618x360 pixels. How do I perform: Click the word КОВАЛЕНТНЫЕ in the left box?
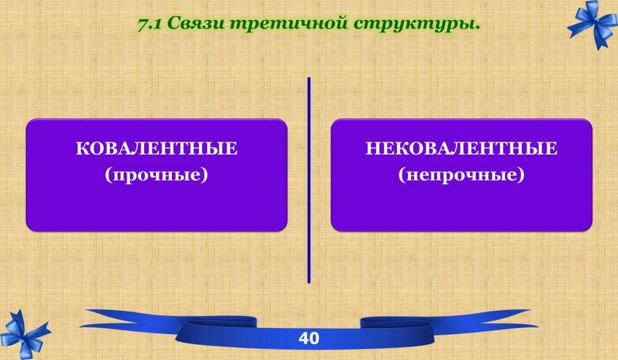click(x=157, y=148)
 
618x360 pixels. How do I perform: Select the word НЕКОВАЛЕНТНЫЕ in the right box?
click(x=461, y=148)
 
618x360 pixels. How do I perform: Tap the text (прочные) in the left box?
click(x=157, y=174)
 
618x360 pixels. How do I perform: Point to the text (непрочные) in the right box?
click(x=461, y=174)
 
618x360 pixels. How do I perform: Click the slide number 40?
click(x=309, y=338)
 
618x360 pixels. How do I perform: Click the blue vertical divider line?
click(x=309, y=180)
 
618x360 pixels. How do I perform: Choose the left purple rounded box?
click(x=157, y=174)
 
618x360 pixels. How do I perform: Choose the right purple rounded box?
click(x=461, y=174)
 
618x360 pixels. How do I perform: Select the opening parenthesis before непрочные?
click(x=401, y=175)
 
